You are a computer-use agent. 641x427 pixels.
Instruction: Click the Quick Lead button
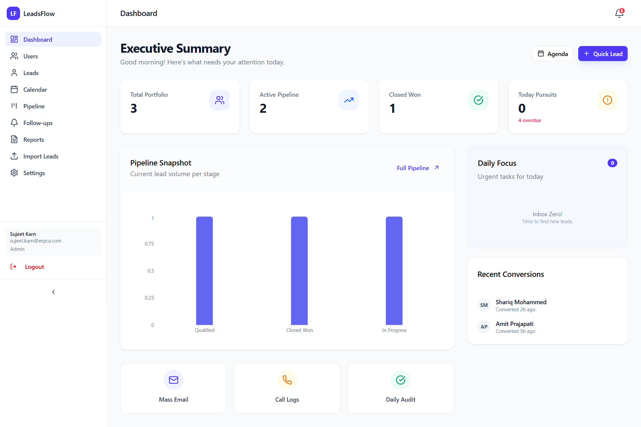[x=603, y=54]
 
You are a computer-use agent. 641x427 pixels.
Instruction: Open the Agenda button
[x=553, y=54]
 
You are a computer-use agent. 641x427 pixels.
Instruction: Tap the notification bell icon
[x=619, y=13]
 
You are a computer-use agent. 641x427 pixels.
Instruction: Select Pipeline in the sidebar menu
[x=34, y=106]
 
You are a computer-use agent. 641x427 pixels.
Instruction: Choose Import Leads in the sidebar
[x=41, y=156]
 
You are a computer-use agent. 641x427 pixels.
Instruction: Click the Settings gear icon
[x=14, y=173]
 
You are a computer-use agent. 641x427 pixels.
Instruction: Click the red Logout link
[x=34, y=267]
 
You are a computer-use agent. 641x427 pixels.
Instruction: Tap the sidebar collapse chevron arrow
[x=53, y=292]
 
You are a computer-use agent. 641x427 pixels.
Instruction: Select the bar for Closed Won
[x=299, y=271]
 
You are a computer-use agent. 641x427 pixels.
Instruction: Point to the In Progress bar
[x=394, y=271]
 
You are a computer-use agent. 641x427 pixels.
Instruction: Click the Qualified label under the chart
[x=205, y=330]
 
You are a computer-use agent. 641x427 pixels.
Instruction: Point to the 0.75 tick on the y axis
[x=149, y=244]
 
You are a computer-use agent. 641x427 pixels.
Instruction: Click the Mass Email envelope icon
[x=174, y=380]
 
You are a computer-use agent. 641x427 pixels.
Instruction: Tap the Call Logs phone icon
[x=287, y=380]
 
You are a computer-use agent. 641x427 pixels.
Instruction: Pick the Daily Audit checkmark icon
[x=401, y=380]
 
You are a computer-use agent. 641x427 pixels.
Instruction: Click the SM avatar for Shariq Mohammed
[x=484, y=305]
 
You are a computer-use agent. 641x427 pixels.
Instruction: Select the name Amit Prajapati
[x=514, y=324]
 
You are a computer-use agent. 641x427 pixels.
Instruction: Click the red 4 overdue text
[x=529, y=120]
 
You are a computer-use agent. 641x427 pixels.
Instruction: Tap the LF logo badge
[x=13, y=13]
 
